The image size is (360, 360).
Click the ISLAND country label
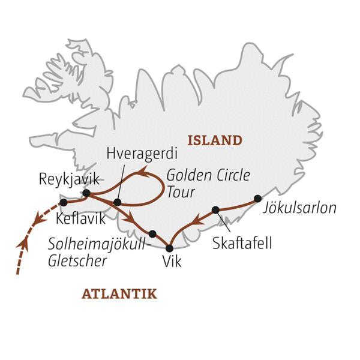tap(215, 141)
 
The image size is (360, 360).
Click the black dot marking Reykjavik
tap(86, 193)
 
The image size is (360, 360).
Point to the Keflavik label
tap(80, 219)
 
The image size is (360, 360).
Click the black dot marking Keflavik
tap(64, 203)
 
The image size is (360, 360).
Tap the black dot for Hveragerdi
tap(118, 202)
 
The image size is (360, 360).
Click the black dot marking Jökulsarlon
tap(257, 198)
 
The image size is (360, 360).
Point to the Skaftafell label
tap(243, 244)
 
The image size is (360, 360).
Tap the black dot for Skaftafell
tap(215, 209)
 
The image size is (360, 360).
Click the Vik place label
tap(171, 262)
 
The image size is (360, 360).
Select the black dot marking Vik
tap(169, 248)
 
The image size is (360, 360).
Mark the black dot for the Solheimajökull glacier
tap(152, 234)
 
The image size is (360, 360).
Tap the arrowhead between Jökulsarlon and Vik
tap(193, 224)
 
